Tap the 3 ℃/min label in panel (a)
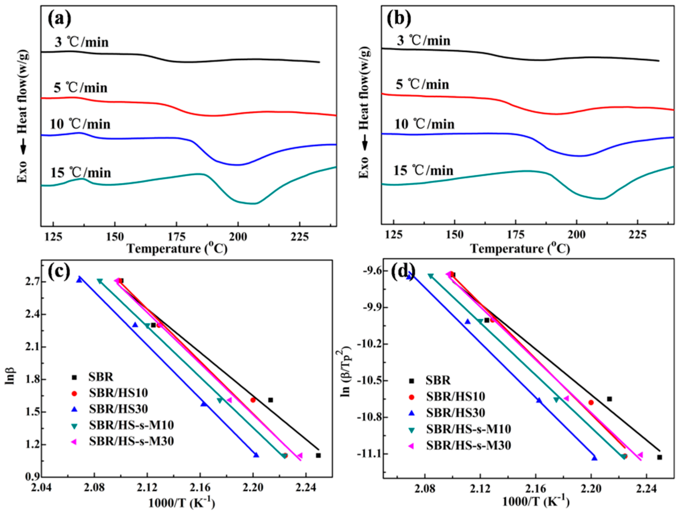pos(82,42)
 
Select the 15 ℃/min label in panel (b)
pos(423,170)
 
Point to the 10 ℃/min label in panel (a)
pos(80,124)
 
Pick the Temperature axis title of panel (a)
pos(177,249)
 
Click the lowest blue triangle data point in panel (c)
pos(256,455)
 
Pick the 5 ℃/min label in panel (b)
pos(423,84)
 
